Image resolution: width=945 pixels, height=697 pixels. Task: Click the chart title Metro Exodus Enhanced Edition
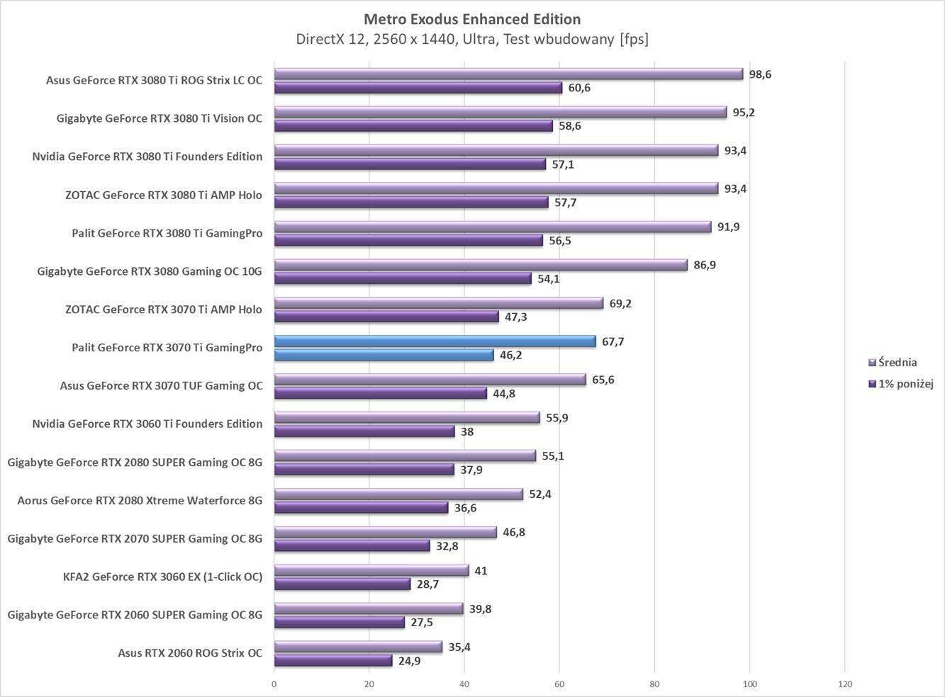pyautogui.click(x=472, y=19)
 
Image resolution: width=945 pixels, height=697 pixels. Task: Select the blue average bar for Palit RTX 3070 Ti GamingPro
pyautogui.click(x=435, y=341)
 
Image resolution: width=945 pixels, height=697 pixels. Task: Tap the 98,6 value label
pyautogui.click(x=760, y=74)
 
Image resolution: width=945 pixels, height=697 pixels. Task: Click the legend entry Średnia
pyautogui.click(x=897, y=363)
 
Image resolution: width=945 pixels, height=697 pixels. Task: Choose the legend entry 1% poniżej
pyautogui.click(x=905, y=384)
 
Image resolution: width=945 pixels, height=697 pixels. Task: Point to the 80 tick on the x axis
pyautogui.click(x=654, y=684)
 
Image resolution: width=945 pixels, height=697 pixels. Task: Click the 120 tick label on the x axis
pyautogui.click(x=844, y=684)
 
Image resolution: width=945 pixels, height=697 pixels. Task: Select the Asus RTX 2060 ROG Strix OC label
pyautogui.click(x=190, y=653)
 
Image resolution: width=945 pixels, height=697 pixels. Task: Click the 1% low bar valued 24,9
pyautogui.click(x=333, y=661)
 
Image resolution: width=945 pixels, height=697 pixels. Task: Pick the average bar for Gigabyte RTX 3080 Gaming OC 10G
pyautogui.click(x=481, y=265)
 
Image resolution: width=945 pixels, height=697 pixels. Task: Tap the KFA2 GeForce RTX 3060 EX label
pyautogui.click(x=162, y=577)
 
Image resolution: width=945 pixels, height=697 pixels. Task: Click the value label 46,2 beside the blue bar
pyautogui.click(x=510, y=356)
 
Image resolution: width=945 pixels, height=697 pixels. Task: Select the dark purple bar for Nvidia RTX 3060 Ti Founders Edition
pyautogui.click(x=364, y=431)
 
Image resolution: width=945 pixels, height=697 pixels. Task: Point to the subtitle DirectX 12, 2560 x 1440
pyautogui.click(x=472, y=39)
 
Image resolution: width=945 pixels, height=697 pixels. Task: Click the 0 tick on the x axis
pyautogui.click(x=274, y=684)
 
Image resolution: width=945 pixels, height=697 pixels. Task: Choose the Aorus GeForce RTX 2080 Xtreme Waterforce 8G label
pyautogui.click(x=140, y=500)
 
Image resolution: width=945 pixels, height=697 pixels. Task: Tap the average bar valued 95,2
pyautogui.click(x=501, y=112)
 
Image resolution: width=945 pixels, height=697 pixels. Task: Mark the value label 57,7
pyautogui.click(x=565, y=203)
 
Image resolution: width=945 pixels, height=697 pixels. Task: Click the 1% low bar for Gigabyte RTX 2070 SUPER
pyautogui.click(x=352, y=546)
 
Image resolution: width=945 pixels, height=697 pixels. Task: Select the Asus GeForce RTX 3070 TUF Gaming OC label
pyautogui.click(x=161, y=385)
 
